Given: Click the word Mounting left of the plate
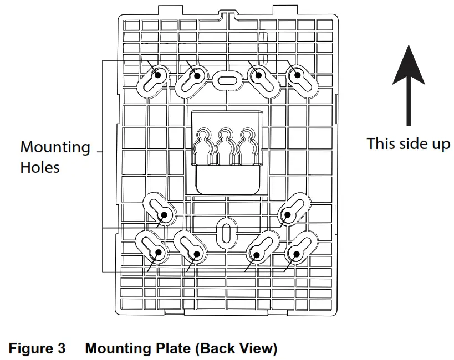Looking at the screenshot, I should pos(55,148).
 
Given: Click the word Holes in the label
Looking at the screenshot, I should pos(40,167).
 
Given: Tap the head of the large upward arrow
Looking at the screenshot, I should pos(409,66).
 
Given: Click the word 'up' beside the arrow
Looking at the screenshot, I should pos(439,143).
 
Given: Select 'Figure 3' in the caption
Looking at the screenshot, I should pos(37,349).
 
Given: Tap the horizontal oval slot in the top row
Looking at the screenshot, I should pos(226,80).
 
